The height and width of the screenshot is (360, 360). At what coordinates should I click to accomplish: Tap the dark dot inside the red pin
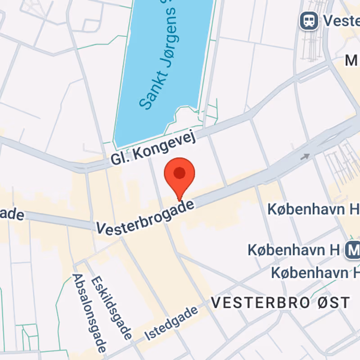[180, 173]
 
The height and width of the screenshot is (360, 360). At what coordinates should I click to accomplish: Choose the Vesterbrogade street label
[147, 217]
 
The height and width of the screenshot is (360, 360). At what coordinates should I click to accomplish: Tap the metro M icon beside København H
[353, 249]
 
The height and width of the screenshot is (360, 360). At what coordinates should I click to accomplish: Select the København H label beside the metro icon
[293, 249]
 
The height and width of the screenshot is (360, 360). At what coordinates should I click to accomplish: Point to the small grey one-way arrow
[306, 157]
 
